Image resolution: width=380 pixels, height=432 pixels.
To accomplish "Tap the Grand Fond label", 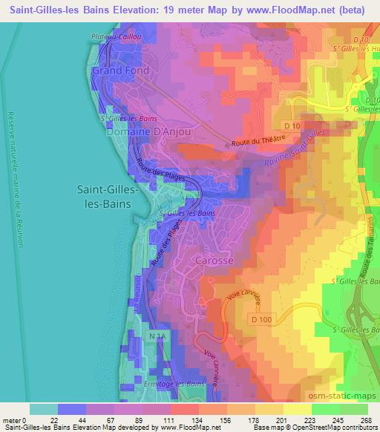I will (120, 71).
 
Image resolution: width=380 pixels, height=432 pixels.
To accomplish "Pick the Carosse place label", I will (214, 261).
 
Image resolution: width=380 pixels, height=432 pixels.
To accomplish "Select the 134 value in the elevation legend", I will (186, 420).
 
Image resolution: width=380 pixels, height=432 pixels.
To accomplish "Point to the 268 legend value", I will (366, 420).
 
